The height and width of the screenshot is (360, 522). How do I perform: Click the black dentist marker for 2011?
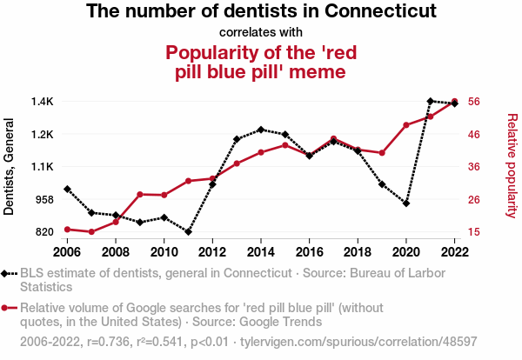188,232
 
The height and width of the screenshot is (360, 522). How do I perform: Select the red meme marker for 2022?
454,102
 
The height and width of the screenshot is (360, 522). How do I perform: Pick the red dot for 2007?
91,232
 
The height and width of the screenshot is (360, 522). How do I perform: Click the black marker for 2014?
261,130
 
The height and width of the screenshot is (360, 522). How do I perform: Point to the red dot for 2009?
140,194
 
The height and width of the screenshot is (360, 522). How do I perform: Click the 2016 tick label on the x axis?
309,252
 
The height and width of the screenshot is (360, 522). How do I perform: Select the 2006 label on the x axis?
67,252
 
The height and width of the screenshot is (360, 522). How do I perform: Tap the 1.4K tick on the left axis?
40,102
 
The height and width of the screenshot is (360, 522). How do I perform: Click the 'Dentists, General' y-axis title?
10,167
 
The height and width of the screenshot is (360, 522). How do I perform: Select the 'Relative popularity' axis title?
512,165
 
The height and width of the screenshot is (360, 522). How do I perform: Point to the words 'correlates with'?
261,33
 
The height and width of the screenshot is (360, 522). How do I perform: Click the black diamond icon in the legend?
8,274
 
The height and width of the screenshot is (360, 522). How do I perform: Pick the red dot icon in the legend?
8,308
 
